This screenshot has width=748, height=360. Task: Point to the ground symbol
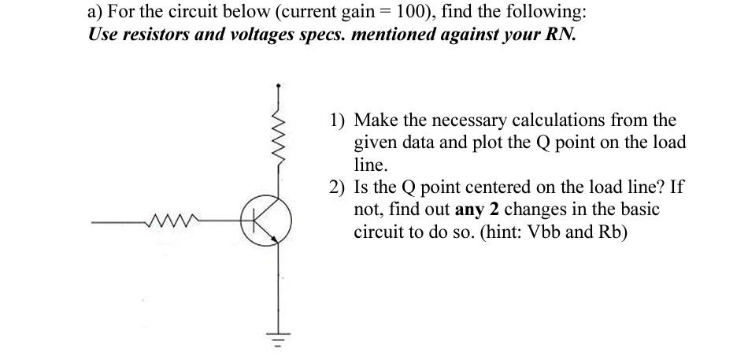pyautogui.click(x=277, y=341)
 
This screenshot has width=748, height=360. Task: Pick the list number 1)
pyautogui.click(x=339, y=121)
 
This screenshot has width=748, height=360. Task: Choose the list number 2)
pyautogui.click(x=339, y=188)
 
